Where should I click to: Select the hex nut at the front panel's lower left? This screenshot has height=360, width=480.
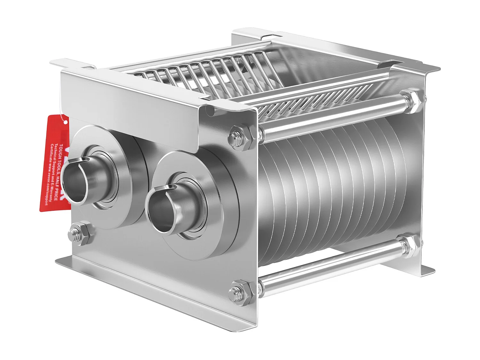[80, 233]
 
